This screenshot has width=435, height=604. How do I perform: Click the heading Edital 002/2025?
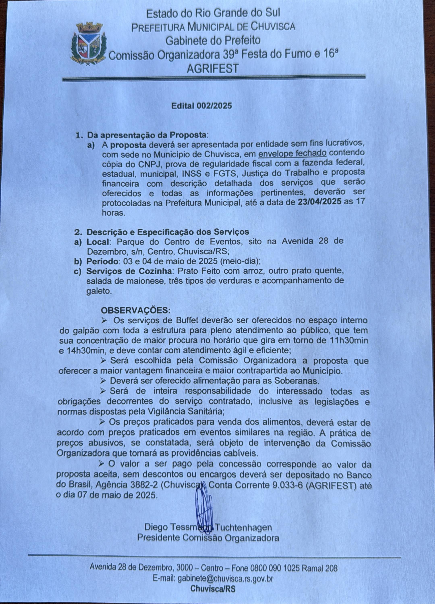click(x=201, y=106)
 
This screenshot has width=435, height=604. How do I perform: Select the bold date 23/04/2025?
click(x=320, y=202)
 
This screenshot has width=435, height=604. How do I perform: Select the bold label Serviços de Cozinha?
click(x=129, y=271)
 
